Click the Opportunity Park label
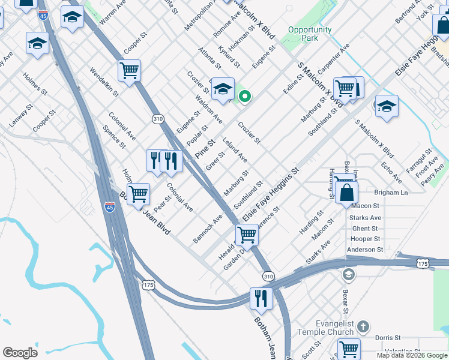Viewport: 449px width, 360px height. tap(310, 34)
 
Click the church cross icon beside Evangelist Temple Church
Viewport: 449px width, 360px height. tap(363, 327)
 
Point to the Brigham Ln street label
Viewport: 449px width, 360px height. tap(390, 193)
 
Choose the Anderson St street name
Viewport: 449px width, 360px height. tap(365, 250)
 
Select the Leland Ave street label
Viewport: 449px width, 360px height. tap(235, 149)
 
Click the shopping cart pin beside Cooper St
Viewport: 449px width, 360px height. tap(129, 71)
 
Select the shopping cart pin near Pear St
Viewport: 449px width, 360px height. tap(138, 194)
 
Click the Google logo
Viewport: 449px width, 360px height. tap(20, 353)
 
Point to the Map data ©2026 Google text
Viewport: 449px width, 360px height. tap(412, 355)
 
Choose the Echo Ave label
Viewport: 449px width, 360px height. tap(391, 172)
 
